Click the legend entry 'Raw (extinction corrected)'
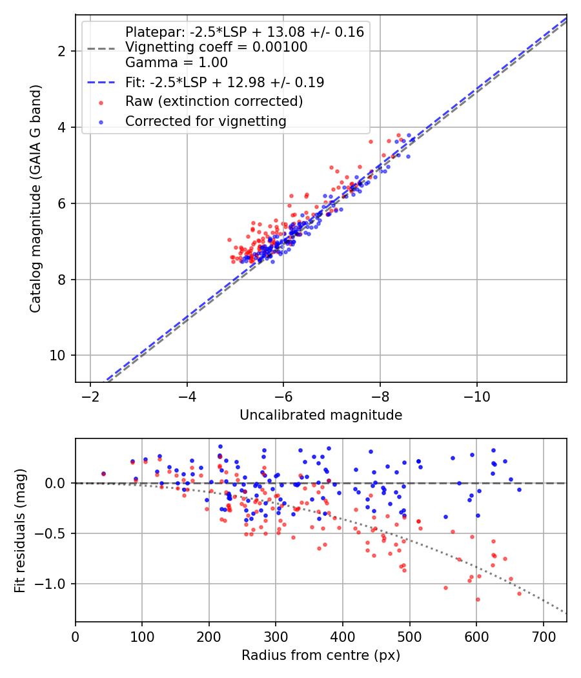pyautogui.click(x=214, y=101)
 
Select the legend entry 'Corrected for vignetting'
pyautogui.click(x=205, y=121)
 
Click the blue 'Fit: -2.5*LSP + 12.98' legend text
pyautogui.click(x=225, y=82)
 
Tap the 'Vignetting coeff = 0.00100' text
pyautogui.click(x=216, y=47)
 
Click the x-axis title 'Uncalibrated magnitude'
pyautogui.click(x=321, y=415)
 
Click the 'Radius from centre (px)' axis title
pyautogui.click(x=321, y=655)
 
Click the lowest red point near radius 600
pyautogui.click(x=478, y=599)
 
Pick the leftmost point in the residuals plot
pyautogui.click(x=103, y=473)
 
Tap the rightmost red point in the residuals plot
pyautogui.click(x=519, y=593)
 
